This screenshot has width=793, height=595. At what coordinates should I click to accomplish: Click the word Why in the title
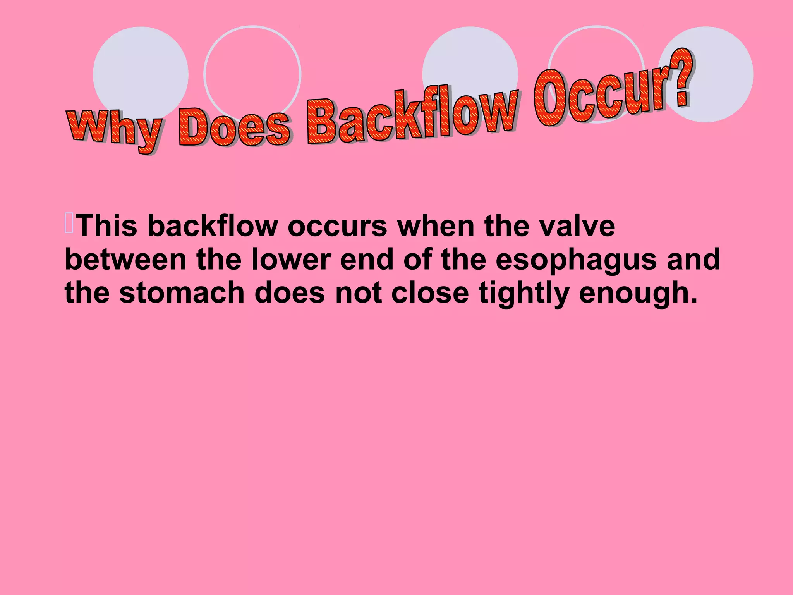(114, 130)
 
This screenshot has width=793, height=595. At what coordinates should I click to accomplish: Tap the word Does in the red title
(234, 128)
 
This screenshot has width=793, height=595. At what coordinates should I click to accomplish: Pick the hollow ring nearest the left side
(252, 74)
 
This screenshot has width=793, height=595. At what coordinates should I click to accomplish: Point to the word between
(126, 259)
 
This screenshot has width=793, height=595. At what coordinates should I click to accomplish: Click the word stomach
(182, 292)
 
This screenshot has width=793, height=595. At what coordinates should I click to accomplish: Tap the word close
(430, 292)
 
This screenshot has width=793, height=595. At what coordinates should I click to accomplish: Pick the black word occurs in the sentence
(337, 226)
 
